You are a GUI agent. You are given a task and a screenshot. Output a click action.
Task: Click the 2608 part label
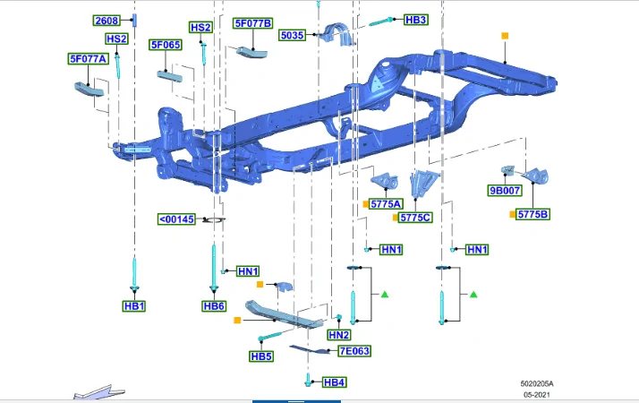[106, 21]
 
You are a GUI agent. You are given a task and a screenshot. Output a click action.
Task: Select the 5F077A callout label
[88, 59]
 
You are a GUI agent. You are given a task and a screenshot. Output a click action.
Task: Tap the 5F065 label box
[166, 45]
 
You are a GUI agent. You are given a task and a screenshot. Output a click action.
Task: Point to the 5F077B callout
[253, 23]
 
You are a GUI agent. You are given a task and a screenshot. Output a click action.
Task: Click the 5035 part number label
[292, 35]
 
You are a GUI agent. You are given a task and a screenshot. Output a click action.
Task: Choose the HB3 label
[415, 20]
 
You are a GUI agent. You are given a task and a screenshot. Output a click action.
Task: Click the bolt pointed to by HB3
[381, 22]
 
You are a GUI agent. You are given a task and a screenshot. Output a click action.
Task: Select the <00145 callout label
[176, 219]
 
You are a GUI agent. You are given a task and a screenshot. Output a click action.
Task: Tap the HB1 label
[134, 306]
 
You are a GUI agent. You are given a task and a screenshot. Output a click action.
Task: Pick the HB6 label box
[214, 306]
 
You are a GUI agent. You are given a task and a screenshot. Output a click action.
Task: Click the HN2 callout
[338, 335]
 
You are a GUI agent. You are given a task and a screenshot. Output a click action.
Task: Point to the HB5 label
[261, 356]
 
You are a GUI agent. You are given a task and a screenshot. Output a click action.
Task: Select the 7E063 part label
[354, 351]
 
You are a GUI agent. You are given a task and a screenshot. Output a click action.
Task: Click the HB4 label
[334, 382]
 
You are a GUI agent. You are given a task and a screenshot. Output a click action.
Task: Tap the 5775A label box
[386, 203]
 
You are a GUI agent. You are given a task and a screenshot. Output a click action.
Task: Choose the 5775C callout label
[415, 218]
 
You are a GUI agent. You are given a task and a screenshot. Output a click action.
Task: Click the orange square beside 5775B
[512, 214]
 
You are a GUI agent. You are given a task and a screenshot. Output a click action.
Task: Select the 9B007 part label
[505, 190]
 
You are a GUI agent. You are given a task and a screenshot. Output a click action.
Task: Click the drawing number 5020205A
[537, 383]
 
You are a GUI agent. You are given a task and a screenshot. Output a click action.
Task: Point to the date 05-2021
[537, 394]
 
